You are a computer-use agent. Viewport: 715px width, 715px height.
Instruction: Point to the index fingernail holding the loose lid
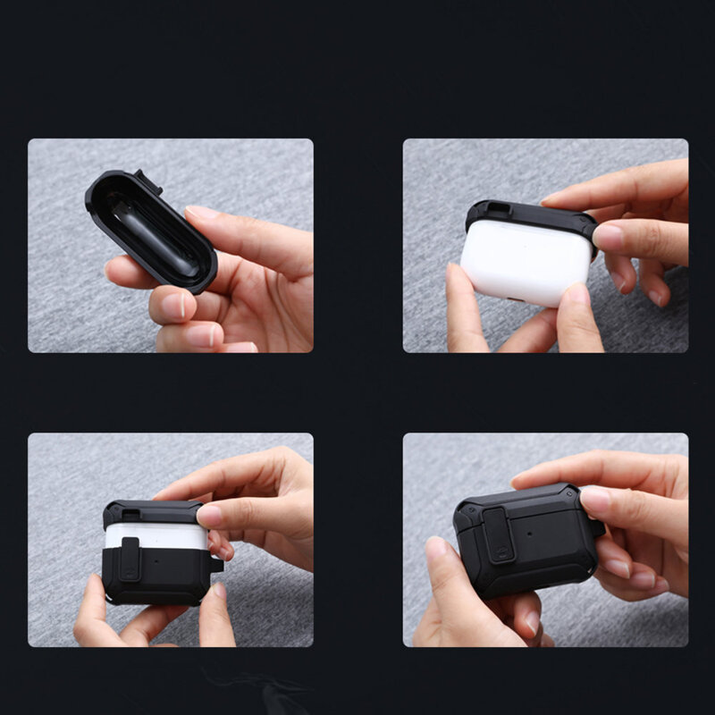pyautogui.click(x=203, y=214)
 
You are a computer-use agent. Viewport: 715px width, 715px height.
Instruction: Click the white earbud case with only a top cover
pyautogui.click(x=524, y=263)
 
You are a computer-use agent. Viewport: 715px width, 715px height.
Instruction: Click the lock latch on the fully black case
pyautogui.click(x=497, y=533)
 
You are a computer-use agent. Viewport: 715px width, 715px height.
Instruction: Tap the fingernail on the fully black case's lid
pyautogui.click(x=593, y=500)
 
